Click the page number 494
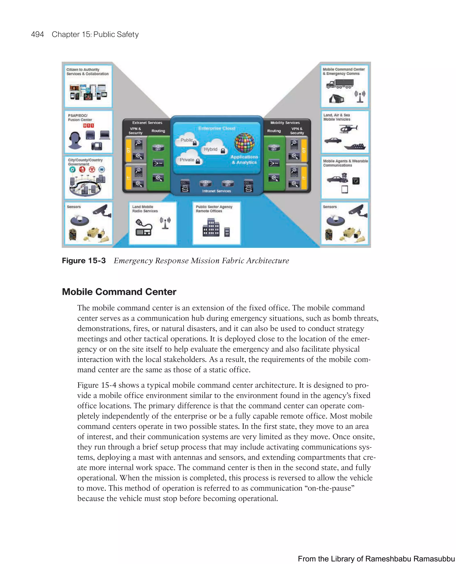(37, 34)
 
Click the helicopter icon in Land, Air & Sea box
(348, 129)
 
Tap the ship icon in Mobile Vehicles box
(355, 146)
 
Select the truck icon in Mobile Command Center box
(340, 84)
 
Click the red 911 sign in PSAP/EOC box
(89, 126)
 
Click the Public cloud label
(187, 140)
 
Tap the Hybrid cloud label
(211, 149)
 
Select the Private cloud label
(187, 160)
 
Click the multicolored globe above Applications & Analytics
(244, 143)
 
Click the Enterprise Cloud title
(217, 128)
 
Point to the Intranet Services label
(216, 191)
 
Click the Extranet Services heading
(147, 123)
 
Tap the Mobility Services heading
(285, 123)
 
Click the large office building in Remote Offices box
(211, 228)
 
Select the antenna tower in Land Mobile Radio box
(165, 223)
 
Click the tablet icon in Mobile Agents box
(345, 189)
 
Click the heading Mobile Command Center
(119, 292)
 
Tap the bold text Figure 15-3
(83, 260)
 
